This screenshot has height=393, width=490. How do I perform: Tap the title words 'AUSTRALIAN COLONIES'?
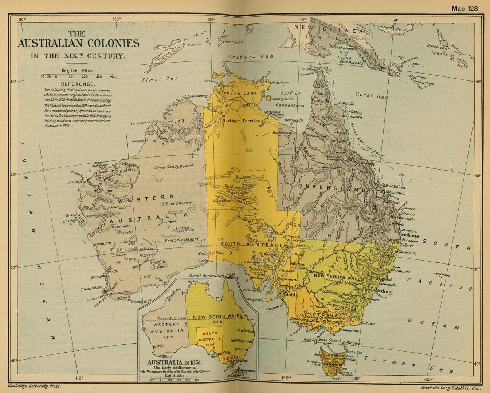pos(78,43)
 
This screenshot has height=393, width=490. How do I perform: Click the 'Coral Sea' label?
pos(371,95)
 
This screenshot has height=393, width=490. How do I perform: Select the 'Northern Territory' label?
pos(243,120)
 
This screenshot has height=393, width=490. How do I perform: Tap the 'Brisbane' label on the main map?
pos(409,235)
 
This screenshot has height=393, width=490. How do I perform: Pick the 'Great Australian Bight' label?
pos(212,275)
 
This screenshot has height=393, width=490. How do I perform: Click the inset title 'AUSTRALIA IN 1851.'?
pos(175,363)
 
